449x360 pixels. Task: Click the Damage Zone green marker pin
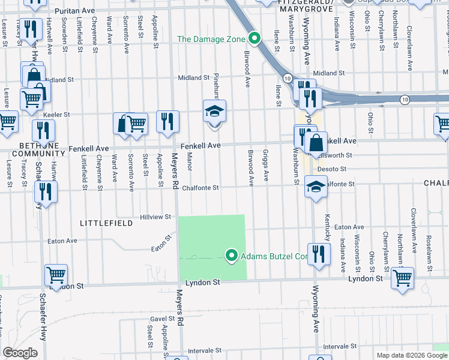tap(255, 40)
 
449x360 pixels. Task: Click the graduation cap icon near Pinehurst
tap(214, 112)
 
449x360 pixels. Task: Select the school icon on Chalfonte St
tap(315, 187)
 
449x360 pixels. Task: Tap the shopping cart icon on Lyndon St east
tap(402, 277)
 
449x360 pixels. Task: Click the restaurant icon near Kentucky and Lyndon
tap(319, 253)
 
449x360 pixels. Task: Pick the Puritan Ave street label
tap(74, 11)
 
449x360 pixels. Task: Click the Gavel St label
tap(162, 319)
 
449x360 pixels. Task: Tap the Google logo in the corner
tap(20, 353)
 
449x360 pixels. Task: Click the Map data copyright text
tap(412, 355)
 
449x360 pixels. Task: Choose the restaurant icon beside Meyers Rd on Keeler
tap(167, 121)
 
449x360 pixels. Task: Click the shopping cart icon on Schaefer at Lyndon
tap(56, 275)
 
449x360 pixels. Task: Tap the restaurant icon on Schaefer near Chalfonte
tap(46, 191)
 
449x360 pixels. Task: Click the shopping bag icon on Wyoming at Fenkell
tap(316, 143)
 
